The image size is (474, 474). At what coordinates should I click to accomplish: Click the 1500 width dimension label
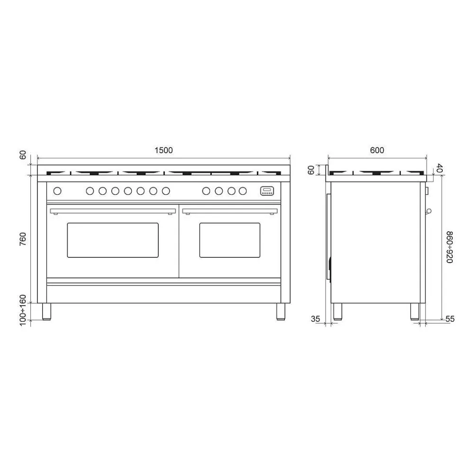[x=164, y=150]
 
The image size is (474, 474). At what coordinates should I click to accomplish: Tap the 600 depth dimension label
[x=377, y=150]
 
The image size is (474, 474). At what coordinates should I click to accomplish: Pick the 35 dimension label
[x=316, y=319]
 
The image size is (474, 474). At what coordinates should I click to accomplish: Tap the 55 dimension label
[x=450, y=319]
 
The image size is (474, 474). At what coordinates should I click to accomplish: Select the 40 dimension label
[x=439, y=168]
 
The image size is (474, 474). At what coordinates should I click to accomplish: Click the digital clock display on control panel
[x=267, y=191]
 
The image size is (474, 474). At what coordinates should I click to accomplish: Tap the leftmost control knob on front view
[x=58, y=191]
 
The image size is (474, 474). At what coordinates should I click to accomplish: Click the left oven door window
[x=113, y=240]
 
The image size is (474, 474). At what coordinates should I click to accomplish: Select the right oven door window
[x=230, y=240]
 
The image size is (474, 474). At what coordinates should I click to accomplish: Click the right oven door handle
[x=230, y=210]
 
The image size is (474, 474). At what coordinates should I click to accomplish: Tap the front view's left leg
[x=47, y=311]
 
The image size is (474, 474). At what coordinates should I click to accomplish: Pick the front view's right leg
[x=281, y=311]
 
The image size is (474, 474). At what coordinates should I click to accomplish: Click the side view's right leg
[x=415, y=311]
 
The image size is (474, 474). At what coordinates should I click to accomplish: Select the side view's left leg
[x=337, y=311]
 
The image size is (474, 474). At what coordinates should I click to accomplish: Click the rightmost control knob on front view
[x=243, y=191]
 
